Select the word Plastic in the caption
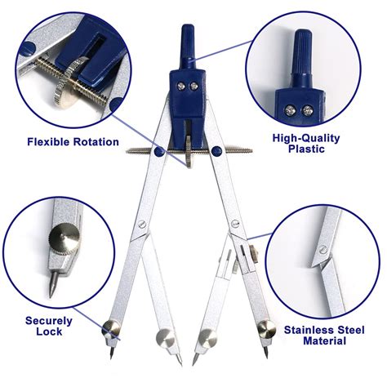click(x=306, y=149)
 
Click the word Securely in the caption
click(x=49, y=321)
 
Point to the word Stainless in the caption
click(x=309, y=330)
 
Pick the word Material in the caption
click(x=324, y=340)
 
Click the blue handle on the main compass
click(x=188, y=47)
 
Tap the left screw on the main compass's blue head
click(x=181, y=87)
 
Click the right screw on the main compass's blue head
click(x=194, y=87)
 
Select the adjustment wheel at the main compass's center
click(x=189, y=151)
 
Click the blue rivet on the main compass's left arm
click(x=158, y=152)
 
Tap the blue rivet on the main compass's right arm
click(x=216, y=151)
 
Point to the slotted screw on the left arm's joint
click(x=142, y=224)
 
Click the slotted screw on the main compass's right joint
click(x=235, y=224)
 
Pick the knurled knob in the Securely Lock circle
click(x=64, y=238)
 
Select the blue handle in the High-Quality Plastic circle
click(x=303, y=59)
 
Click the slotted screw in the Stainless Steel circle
click(x=323, y=248)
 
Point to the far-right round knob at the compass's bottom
click(x=267, y=329)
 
